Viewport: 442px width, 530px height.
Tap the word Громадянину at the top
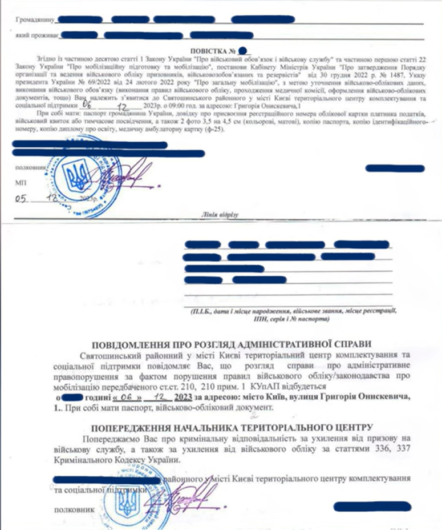(34, 19)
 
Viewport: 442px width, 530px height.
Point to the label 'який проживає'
(37, 34)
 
